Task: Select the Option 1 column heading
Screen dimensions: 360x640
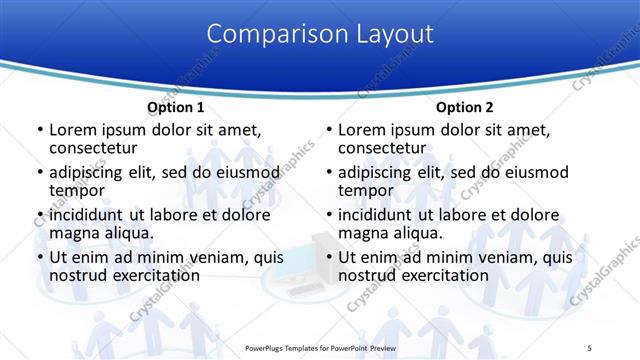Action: point(176,107)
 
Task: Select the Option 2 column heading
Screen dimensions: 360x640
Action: point(465,107)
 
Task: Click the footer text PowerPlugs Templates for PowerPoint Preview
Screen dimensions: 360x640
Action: point(318,348)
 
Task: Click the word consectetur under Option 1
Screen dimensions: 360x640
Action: point(94,147)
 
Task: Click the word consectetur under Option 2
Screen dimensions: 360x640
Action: point(383,147)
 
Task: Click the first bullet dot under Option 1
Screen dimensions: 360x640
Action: point(39,130)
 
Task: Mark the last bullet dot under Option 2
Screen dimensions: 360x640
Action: point(328,258)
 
